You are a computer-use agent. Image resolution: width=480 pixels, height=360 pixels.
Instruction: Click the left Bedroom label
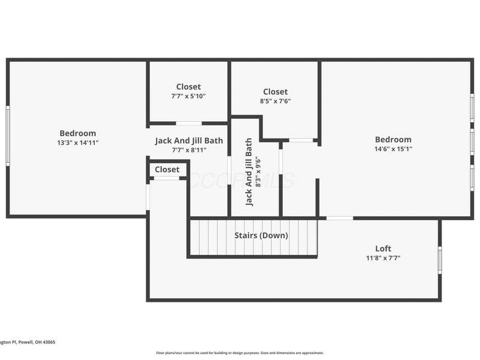click(77, 133)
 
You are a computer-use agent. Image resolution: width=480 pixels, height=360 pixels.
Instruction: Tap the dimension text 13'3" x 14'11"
click(77, 143)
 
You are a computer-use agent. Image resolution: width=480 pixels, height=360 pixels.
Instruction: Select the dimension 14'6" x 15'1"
click(393, 149)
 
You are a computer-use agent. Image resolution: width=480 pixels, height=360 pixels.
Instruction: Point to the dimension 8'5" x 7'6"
click(275, 101)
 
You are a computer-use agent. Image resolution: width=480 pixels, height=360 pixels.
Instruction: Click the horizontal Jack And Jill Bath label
click(188, 141)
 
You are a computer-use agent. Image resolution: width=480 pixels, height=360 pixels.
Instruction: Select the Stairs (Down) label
click(261, 235)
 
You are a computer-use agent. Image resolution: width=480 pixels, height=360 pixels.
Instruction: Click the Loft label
click(383, 248)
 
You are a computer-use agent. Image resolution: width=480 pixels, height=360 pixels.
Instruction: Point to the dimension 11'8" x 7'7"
click(383, 258)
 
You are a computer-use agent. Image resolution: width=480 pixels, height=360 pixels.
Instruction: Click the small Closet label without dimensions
click(167, 170)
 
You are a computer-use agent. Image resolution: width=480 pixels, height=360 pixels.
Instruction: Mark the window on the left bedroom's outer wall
click(8, 136)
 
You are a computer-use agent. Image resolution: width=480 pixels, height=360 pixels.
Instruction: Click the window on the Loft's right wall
click(440, 260)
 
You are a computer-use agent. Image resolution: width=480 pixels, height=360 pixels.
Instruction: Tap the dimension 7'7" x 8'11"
click(188, 151)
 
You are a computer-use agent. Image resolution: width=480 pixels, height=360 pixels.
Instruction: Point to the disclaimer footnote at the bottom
click(240, 353)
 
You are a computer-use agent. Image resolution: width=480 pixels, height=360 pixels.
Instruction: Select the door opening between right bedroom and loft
click(339, 218)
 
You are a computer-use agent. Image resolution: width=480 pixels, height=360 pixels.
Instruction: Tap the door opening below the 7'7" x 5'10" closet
click(188, 124)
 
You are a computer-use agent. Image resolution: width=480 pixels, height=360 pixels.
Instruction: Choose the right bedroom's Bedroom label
click(393, 139)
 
